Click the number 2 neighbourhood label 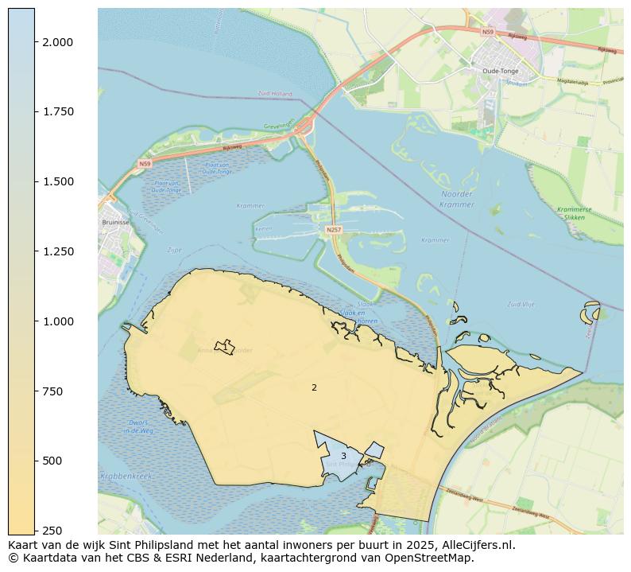314,388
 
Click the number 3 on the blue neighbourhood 343,457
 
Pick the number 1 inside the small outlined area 225,348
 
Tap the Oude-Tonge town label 501,70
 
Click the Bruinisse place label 116,223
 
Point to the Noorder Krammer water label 456,199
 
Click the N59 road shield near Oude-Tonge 487,33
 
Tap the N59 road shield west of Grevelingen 144,164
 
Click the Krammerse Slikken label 574,213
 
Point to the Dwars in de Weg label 137,426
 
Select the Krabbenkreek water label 126,476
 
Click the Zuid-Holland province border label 275,93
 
